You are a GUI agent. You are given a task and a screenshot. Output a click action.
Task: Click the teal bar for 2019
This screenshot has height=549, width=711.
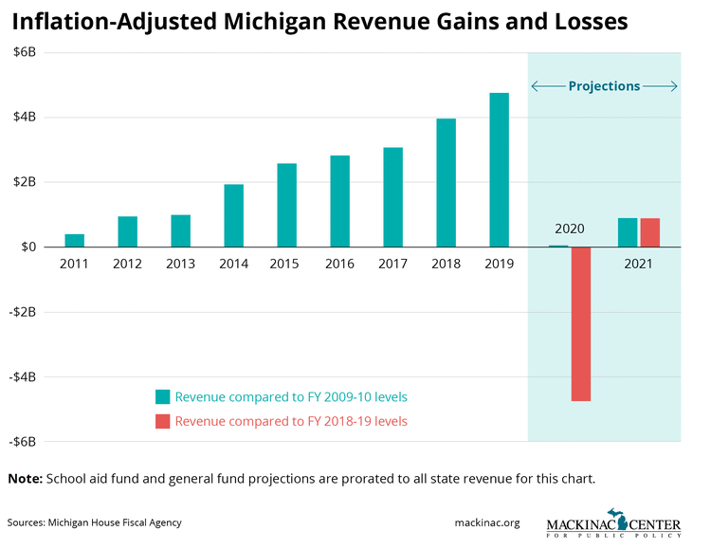[x=499, y=170]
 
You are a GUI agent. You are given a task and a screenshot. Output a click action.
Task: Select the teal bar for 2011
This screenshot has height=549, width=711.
[x=74, y=240]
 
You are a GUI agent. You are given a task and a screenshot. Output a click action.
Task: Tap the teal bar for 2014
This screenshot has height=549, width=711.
[x=233, y=215]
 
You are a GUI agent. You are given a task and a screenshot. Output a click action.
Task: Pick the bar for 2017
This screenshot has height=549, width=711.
[x=392, y=197]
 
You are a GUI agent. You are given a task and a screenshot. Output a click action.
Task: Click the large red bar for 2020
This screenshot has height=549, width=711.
[x=581, y=323]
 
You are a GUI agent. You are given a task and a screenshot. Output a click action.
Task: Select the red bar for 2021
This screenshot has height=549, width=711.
[x=650, y=232]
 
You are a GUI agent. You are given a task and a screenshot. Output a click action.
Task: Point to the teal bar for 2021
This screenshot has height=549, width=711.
[x=628, y=232]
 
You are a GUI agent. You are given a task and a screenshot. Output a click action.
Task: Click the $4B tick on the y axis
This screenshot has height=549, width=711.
[x=24, y=118]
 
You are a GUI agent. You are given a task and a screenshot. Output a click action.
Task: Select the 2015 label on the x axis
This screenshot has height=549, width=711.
[x=286, y=265]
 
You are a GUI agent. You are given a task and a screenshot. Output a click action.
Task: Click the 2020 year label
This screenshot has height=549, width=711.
[x=570, y=229]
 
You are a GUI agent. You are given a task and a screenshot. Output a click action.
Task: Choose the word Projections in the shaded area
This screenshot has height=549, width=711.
[x=604, y=86]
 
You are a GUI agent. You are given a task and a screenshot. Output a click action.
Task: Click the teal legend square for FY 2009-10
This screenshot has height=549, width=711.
[x=163, y=397]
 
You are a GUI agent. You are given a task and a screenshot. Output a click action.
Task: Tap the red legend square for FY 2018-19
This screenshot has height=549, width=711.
[x=163, y=421]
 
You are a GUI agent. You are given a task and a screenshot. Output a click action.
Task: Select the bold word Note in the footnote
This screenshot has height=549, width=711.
[x=25, y=479]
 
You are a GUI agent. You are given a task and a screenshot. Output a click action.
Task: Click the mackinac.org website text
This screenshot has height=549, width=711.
[x=487, y=522]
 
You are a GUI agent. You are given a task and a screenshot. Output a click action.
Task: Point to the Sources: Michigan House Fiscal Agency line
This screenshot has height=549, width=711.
[x=94, y=522]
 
